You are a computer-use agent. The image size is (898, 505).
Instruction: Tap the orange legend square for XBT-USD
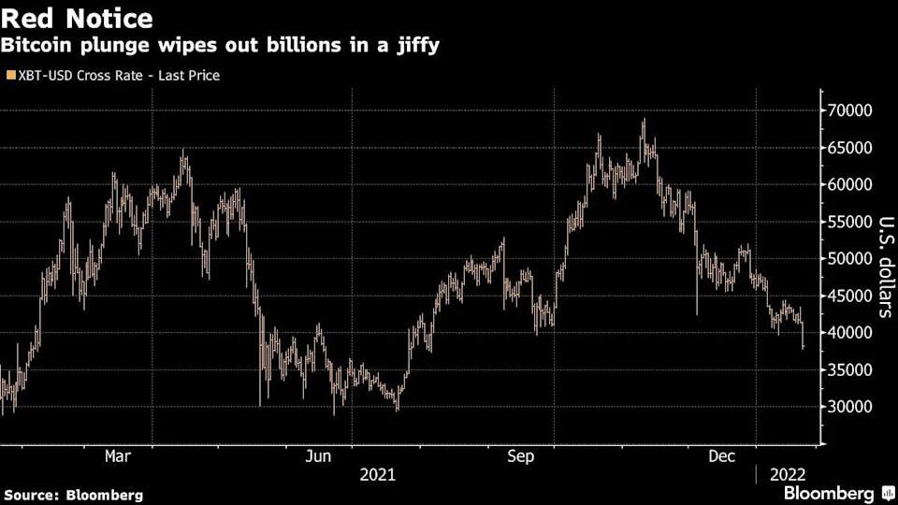pos(9,75)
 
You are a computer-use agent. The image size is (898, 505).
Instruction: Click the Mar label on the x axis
pos(118,455)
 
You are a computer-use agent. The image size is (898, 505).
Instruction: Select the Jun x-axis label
pos(319,455)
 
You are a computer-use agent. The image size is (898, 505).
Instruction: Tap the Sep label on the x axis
pos(521,455)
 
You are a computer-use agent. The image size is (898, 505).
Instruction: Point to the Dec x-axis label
pos(721,455)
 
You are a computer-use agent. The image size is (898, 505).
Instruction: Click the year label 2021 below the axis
pos(378,474)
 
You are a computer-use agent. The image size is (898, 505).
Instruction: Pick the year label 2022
pos(786,474)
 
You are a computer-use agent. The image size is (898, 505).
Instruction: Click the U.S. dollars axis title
pos(883,267)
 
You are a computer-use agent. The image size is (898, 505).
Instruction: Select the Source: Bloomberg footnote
pos(74,495)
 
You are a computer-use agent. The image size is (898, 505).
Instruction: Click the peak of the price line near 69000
pos(644,120)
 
